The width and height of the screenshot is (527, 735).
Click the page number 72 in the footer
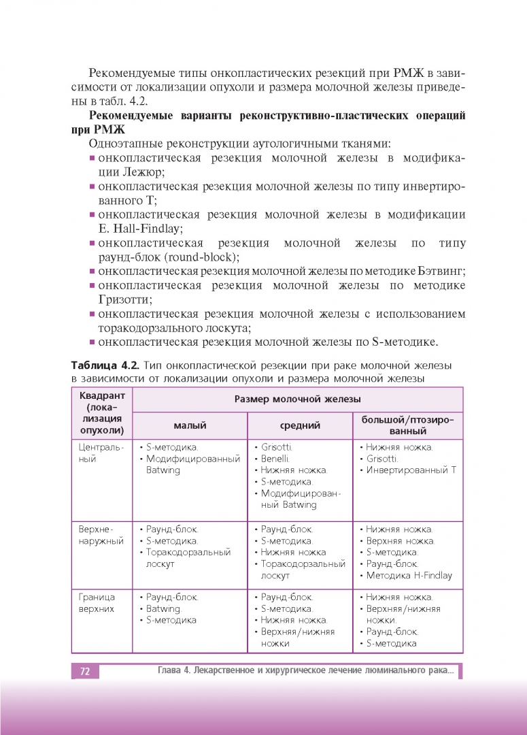click(85, 672)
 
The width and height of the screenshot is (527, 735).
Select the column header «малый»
click(190, 426)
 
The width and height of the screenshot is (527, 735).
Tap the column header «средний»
click(300, 426)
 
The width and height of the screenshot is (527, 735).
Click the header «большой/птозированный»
click(407, 425)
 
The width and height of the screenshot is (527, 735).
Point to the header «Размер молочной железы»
click(297, 399)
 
